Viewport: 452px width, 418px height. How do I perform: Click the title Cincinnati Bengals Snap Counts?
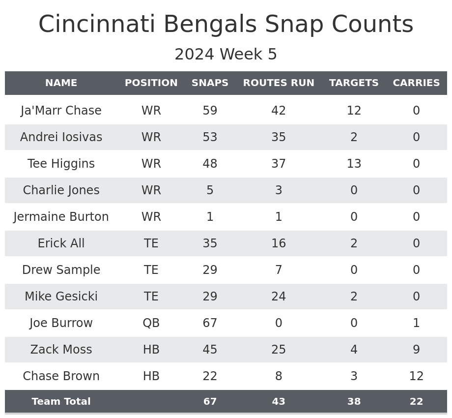226,25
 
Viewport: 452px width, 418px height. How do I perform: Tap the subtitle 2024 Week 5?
226,55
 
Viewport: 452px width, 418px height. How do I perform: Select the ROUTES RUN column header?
279,83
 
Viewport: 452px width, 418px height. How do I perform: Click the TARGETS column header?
354,83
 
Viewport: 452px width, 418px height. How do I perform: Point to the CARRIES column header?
416,83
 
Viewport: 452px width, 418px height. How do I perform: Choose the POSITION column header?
151,83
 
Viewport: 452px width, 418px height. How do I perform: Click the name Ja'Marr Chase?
61,111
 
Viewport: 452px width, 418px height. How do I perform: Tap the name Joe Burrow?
61,323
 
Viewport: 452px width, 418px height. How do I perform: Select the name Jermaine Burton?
61,217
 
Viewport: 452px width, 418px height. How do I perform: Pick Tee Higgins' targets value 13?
354,164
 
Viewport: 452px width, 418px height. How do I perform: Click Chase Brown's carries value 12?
416,376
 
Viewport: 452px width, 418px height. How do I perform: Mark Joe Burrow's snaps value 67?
210,323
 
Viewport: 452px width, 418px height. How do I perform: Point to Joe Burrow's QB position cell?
151,323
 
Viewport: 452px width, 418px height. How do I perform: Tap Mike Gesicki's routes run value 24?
279,297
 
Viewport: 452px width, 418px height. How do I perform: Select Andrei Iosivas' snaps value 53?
210,137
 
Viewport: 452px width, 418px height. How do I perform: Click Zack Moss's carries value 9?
416,350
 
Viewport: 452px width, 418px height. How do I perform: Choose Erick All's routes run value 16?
279,243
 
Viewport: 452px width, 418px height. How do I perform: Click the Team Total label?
61,402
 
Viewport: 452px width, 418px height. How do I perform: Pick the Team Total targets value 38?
354,402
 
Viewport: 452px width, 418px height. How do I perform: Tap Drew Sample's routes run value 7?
279,270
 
